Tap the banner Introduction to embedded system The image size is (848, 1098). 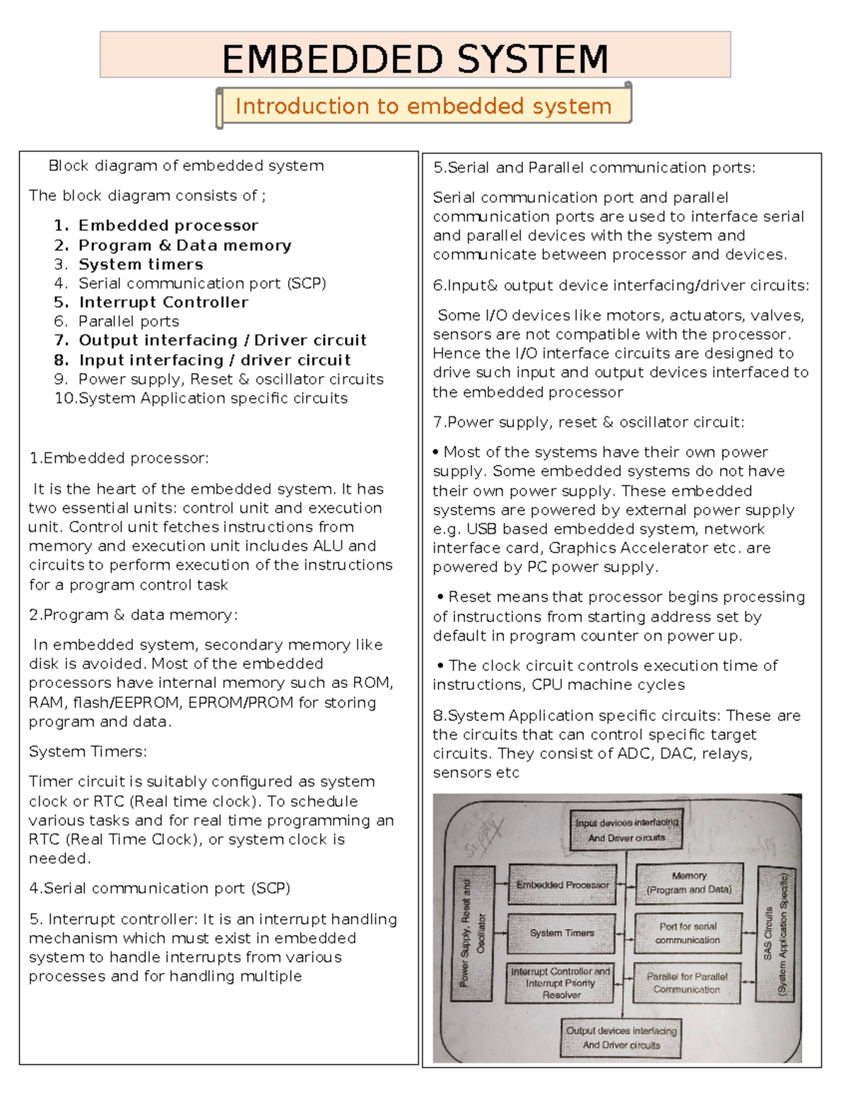(423, 106)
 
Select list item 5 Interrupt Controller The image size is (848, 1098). (163, 302)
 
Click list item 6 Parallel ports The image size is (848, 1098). (129, 321)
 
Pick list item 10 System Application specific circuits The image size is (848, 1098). (212, 398)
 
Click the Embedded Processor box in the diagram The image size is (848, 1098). (562, 884)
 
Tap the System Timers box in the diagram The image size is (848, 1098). (562, 933)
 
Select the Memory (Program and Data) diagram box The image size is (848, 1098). (689, 883)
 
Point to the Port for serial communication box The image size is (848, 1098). (688, 933)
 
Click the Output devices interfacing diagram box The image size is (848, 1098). (621, 1038)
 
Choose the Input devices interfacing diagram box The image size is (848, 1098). (627, 830)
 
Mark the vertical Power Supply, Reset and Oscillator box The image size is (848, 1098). (473, 933)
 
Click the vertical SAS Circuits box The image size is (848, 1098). (775, 933)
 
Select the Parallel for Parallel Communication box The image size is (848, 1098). (686, 983)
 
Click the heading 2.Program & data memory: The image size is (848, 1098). (133, 615)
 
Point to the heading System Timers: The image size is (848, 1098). (88, 752)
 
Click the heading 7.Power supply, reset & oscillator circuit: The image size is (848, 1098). (588, 422)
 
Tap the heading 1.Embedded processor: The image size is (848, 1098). (119, 458)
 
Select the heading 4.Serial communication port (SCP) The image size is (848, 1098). (160, 888)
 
